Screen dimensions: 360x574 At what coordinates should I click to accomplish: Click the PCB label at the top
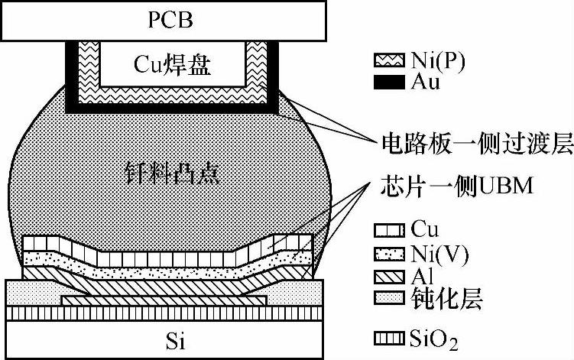(166, 19)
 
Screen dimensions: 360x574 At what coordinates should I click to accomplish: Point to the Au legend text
(425, 82)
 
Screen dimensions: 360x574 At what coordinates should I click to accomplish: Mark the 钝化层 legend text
(441, 297)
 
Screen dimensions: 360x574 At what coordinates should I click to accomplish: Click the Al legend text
(421, 275)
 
